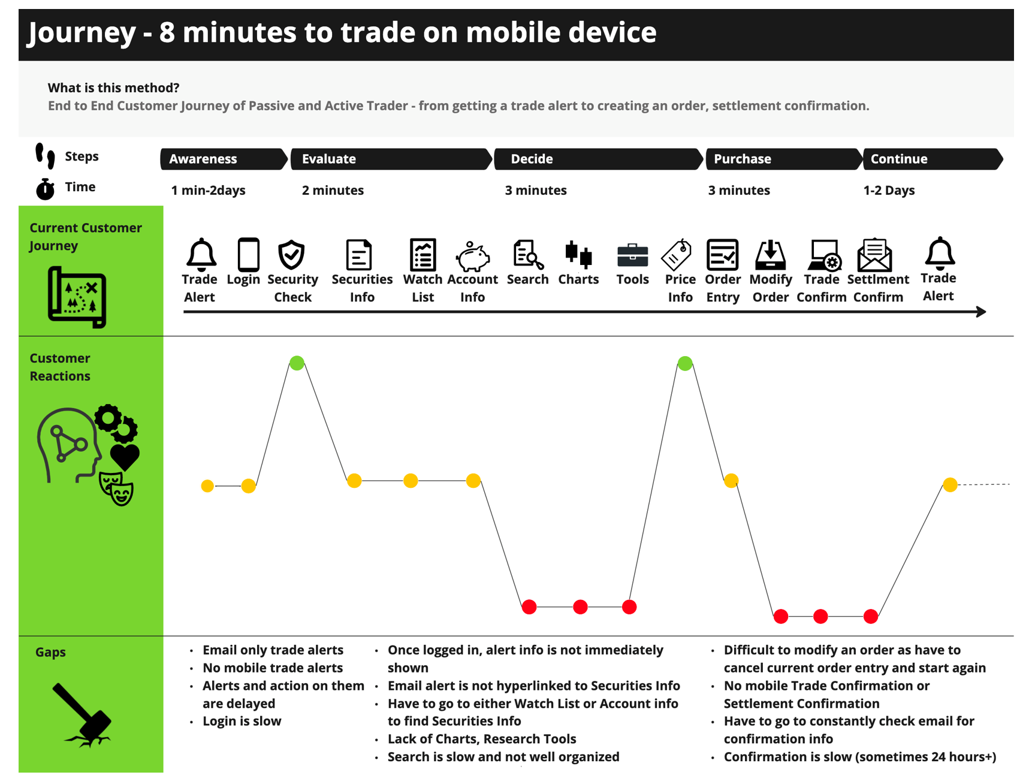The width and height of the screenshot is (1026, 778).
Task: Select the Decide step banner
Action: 598,159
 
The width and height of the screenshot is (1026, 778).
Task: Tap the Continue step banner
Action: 933,159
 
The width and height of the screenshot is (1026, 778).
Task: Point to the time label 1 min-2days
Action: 208,191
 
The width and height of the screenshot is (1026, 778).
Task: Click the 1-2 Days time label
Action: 889,191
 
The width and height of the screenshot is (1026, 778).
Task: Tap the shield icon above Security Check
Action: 291,255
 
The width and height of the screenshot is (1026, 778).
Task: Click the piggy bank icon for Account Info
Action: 473,256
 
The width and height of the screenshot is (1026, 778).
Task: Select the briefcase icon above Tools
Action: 632,255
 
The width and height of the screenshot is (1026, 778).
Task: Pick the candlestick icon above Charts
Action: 578,254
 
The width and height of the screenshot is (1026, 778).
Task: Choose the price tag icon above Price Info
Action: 677,255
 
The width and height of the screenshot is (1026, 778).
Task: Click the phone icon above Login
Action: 248,255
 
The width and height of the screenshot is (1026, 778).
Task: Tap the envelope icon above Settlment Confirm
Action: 875,255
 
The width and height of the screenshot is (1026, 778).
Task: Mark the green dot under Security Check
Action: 297,363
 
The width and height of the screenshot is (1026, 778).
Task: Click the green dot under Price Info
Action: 685,363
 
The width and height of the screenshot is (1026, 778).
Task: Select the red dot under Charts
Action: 580,607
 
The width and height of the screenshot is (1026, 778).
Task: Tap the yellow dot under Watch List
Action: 411,481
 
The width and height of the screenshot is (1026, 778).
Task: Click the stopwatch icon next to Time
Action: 45,189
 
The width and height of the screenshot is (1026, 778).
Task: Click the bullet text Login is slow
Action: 242,721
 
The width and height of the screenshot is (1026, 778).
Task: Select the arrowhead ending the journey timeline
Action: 981,312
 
